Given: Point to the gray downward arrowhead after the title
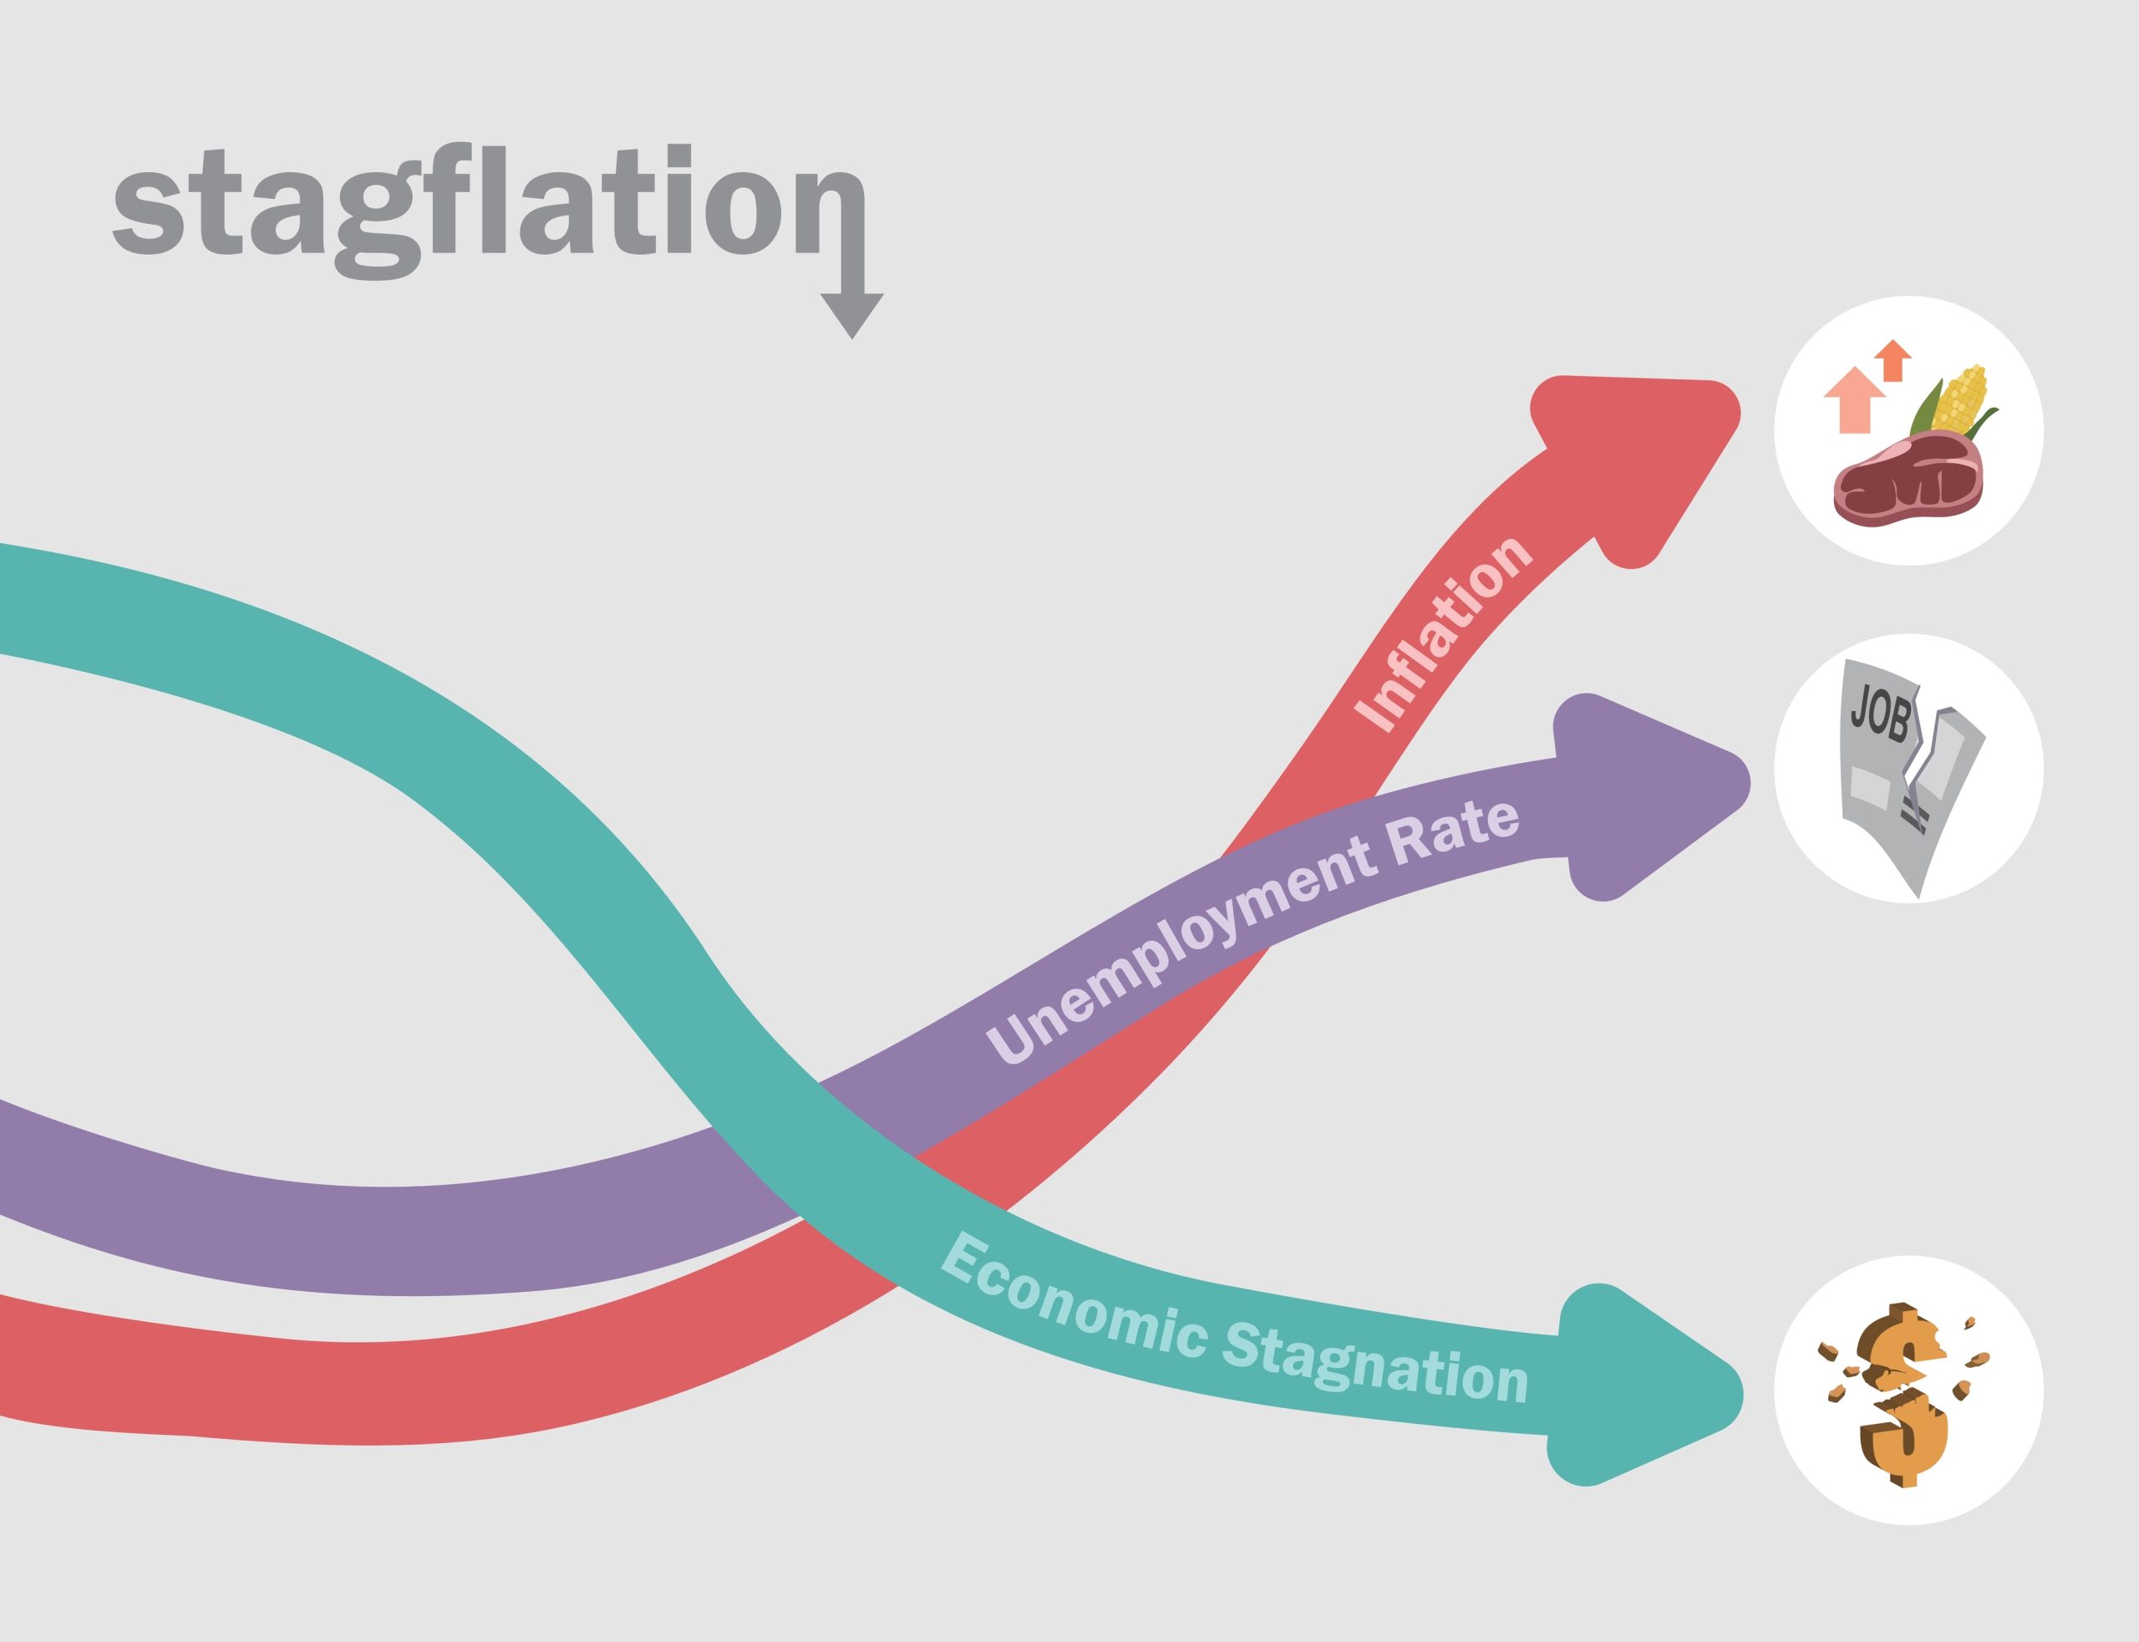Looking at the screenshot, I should (x=852, y=313).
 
